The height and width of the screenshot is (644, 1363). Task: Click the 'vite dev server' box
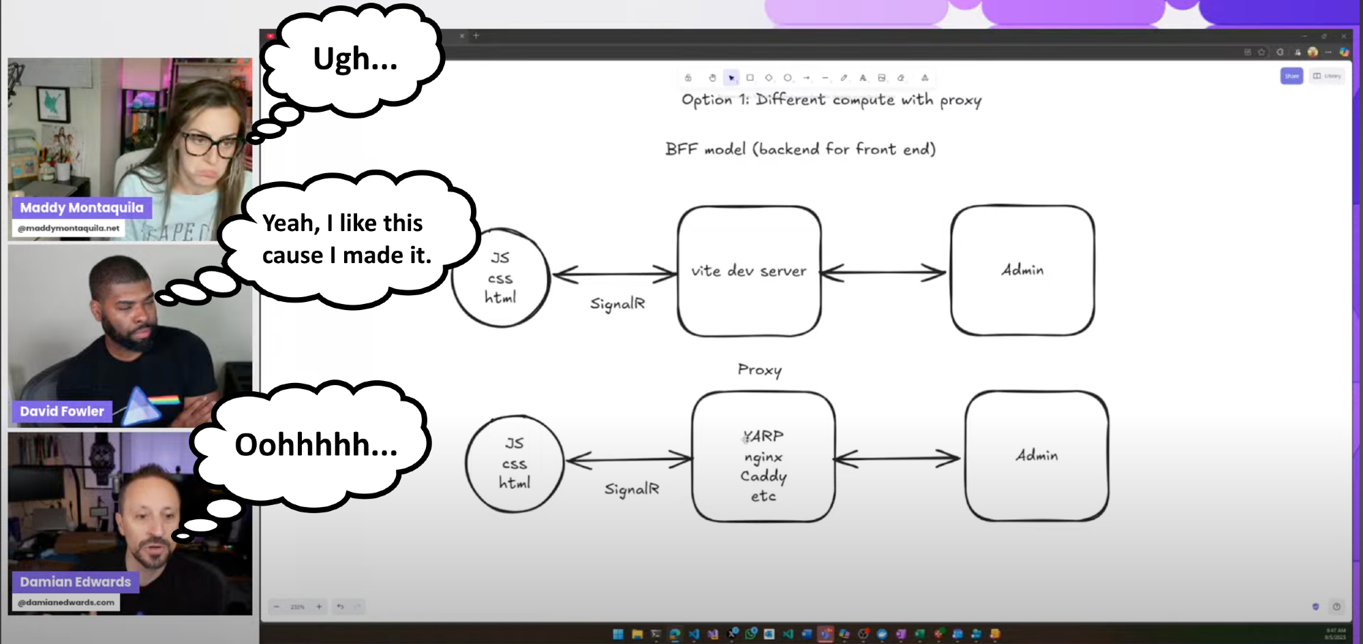(749, 271)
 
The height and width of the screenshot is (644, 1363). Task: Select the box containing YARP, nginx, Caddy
(763, 457)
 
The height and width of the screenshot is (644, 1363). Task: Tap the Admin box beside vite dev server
(1022, 271)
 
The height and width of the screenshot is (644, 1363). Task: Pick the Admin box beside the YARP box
(1037, 455)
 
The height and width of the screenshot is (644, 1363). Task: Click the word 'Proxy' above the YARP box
(759, 370)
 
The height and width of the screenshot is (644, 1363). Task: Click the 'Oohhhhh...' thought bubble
(316, 445)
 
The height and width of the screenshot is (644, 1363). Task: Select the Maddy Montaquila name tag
(82, 208)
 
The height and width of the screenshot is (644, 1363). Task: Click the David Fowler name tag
(62, 412)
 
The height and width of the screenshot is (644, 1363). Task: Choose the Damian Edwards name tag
(75, 582)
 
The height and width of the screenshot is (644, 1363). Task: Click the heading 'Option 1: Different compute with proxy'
(831, 100)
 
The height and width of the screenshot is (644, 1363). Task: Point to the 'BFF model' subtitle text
(800, 149)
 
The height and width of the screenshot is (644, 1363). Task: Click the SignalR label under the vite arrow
(617, 303)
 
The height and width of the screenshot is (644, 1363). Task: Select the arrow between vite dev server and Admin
(884, 273)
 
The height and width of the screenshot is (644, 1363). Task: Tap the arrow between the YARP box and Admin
(898, 459)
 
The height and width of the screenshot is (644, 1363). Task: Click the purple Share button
(1291, 76)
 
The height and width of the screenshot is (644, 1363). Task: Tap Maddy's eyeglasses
(208, 144)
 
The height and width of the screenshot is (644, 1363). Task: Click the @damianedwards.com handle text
(66, 602)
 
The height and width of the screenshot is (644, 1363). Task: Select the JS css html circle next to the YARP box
(515, 463)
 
